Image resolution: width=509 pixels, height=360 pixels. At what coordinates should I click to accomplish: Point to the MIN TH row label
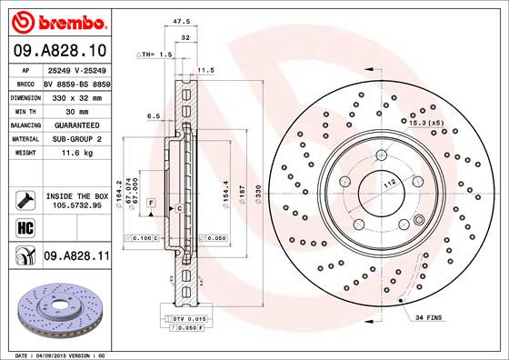pos(23,108)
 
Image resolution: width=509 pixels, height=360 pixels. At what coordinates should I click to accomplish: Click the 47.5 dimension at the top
pos(180,18)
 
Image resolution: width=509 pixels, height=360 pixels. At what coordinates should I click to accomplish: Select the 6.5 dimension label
pos(154,116)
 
